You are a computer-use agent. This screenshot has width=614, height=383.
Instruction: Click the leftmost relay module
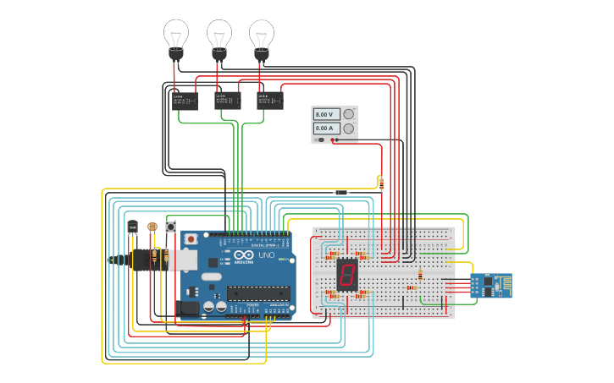(185, 101)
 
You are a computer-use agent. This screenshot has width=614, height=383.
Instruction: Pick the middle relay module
(228, 101)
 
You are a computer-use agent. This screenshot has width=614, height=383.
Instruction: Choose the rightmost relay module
(270, 101)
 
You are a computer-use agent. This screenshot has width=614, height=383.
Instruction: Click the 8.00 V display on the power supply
(327, 114)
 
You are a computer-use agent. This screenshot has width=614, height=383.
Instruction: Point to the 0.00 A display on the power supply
(327, 129)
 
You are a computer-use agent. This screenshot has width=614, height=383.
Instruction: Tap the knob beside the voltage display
(348, 114)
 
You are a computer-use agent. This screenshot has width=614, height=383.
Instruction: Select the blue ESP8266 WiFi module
(491, 285)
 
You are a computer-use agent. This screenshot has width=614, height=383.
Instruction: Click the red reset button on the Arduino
(191, 239)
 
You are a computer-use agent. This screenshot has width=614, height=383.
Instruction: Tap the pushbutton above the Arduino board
(170, 227)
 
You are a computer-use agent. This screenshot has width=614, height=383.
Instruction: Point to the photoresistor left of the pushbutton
(152, 227)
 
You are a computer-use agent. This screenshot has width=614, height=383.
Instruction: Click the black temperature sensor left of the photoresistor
(133, 227)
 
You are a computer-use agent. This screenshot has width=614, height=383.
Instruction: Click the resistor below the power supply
(381, 183)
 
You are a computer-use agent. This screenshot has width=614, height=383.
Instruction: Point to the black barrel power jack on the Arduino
(188, 309)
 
